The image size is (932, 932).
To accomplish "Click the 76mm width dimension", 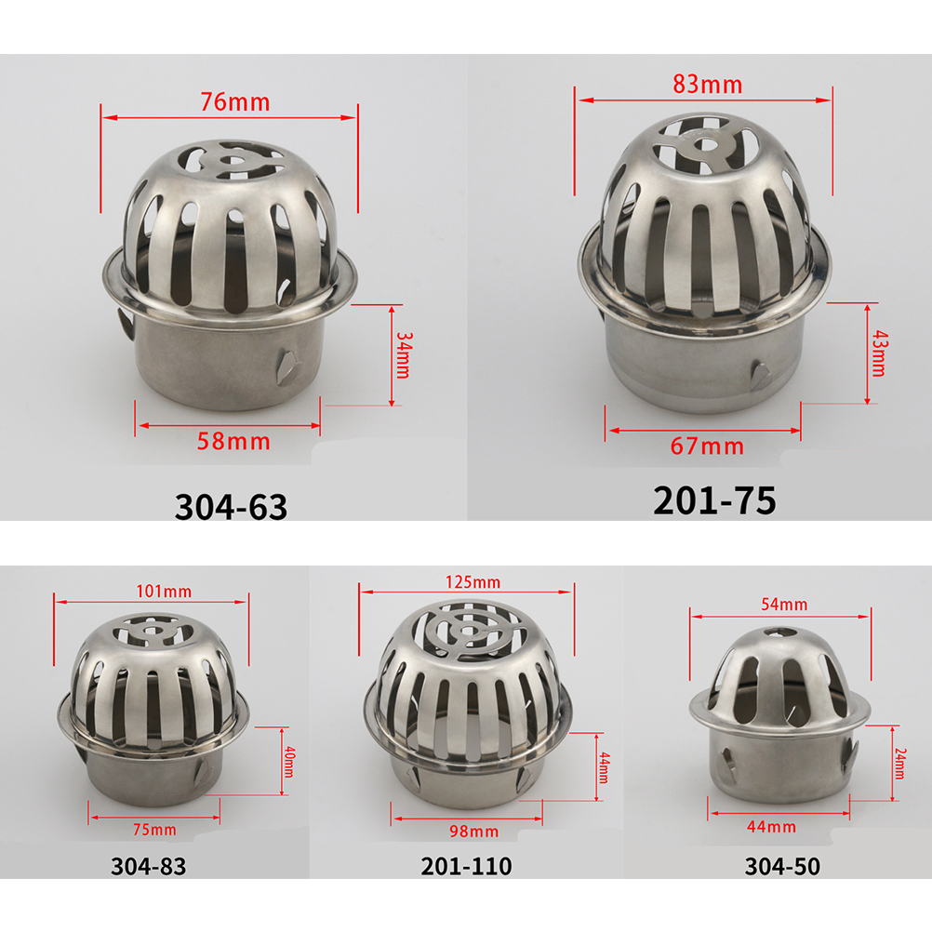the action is (234, 102).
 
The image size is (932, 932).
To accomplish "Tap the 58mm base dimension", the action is (233, 442).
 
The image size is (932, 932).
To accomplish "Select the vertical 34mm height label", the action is (404, 355).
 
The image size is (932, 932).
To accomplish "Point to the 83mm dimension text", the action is (707, 85).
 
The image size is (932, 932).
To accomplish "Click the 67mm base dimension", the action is (707, 446).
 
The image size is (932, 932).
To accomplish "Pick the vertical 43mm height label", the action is (878, 353).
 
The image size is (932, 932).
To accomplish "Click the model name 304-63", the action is (231, 507).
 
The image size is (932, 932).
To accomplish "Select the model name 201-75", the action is (714, 500).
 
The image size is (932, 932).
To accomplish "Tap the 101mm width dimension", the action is (164, 592).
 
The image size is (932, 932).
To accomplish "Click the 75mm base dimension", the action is (154, 830).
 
